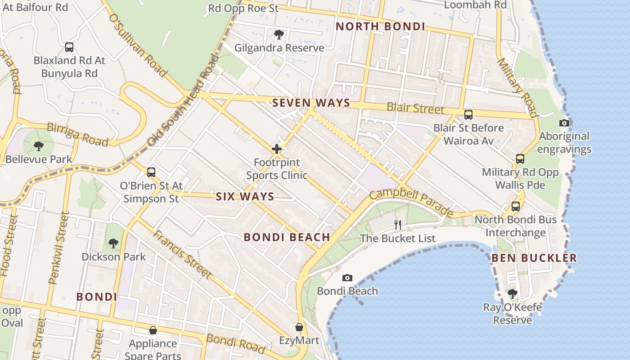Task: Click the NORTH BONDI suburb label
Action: pos(380,26)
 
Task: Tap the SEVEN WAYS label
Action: pos(311,103)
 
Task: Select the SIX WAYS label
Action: pos(245,196)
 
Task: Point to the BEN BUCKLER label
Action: pos(534,258)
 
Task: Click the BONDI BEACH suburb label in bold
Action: pos(287,237)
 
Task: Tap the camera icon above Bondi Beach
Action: pos(347,278)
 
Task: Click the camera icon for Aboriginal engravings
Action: pos(564,123)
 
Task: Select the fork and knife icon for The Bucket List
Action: pos(398,225)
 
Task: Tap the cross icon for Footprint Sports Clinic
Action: pos(277,149)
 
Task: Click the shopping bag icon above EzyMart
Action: pos(299,327)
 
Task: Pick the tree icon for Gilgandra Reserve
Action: pos(279,34)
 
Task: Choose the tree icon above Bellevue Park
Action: pos(39,146)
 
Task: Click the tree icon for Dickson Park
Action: pos(113,243)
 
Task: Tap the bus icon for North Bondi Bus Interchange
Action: pos(516,207)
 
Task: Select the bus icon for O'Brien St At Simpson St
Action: pos(151,172)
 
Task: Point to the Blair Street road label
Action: pos(415,108)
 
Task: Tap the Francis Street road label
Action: pos(182,254)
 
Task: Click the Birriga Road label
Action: pos(77,135)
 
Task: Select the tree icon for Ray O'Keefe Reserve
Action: pos(512,294)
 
